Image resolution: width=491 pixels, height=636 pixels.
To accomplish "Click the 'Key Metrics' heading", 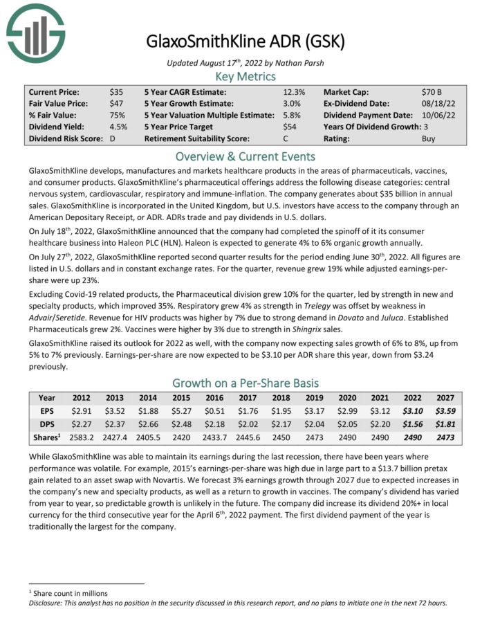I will (x=245, y=77).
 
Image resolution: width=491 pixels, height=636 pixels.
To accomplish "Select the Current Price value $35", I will (x=115, y=91).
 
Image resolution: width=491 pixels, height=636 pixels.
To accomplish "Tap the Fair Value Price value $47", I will (x=115, y=103).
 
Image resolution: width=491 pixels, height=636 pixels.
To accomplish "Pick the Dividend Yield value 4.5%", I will (x=118, y=127).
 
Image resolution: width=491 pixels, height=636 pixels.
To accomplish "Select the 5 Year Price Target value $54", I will (x=290, y=127).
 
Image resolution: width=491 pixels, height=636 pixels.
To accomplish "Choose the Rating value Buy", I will (x=429, y=138).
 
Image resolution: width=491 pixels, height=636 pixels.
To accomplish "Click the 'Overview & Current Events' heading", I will (x=245, y=156).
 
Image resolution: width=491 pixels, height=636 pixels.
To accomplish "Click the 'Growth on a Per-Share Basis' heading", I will (x=245, y=383).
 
